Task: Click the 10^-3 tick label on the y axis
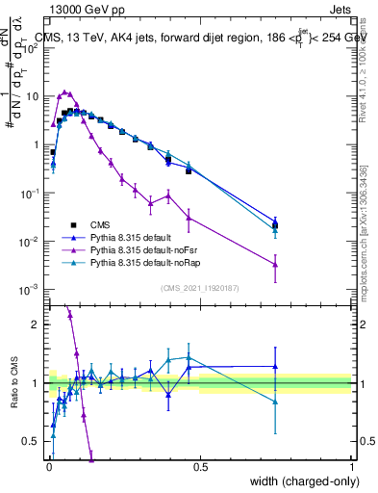(x=30, y=289)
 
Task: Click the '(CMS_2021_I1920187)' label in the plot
(x=199, y=289)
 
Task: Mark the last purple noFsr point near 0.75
(x=275, y=264)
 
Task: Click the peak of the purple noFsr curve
(x=65, y=92)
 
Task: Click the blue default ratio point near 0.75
(x=275, y=366)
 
